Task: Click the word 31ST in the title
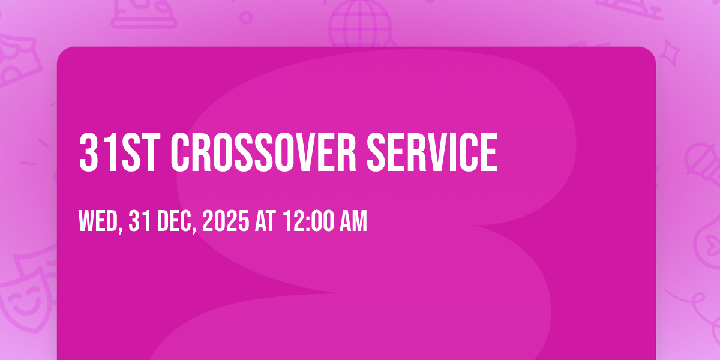click(x=118, y=153)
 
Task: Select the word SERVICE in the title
click(x=432, y=153)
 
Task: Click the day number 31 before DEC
click(x=139, y=223)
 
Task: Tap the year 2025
click(x=226, y=223)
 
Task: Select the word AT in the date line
click(x=266, y=223)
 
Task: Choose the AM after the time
click(x=353, y=223)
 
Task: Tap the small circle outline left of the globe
click(x=246, y=17)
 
